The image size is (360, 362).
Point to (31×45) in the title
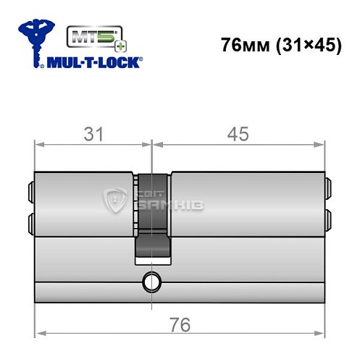point(308,45)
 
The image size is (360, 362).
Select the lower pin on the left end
point(30,220)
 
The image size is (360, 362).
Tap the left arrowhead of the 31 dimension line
point(38,144)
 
